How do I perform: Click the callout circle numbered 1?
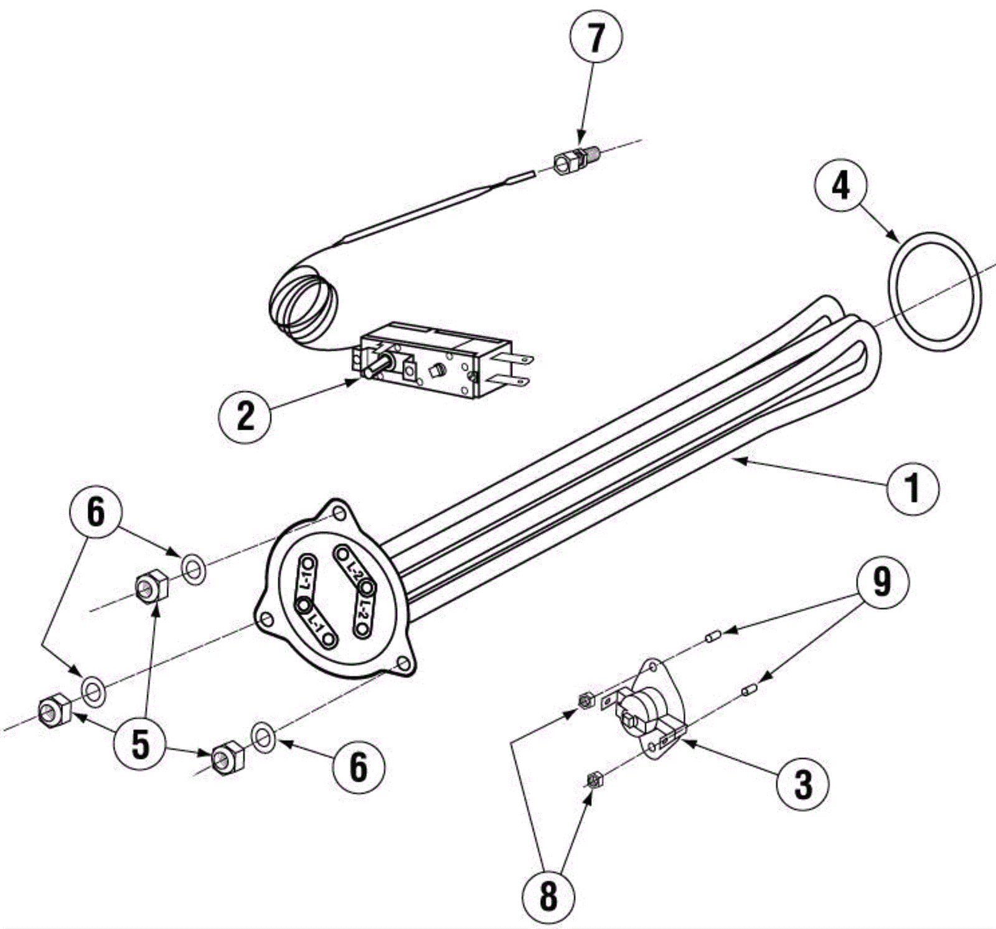912,488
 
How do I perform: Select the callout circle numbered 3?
803,784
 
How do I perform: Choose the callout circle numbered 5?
141,743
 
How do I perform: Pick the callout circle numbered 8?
548,897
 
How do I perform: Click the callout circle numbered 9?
881,582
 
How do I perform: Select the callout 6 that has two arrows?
95,513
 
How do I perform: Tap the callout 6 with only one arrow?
359,766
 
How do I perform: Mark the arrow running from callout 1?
809,471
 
